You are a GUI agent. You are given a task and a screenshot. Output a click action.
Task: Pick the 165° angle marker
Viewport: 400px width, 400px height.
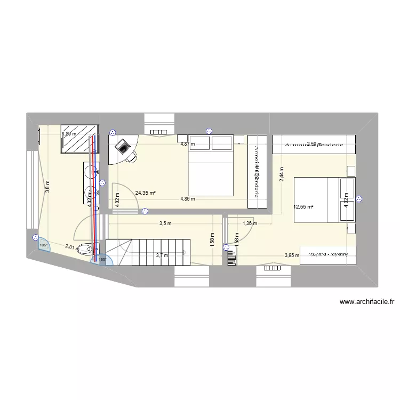[102, 260]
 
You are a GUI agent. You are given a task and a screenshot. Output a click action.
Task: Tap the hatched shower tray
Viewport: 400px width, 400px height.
[80, 138]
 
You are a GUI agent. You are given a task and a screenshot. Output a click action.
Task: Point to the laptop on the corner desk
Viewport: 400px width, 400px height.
[123, 146]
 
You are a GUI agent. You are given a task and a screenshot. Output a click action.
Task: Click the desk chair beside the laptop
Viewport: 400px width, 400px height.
[131, 156]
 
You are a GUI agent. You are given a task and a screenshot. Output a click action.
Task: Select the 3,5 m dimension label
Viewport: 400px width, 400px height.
[165, 224]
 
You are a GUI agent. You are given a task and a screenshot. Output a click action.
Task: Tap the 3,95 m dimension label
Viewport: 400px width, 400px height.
[292, 255]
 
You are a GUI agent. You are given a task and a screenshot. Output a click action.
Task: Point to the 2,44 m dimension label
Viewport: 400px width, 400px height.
[282, 174]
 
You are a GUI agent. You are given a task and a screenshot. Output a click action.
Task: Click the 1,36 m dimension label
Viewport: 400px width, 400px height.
[250, 224]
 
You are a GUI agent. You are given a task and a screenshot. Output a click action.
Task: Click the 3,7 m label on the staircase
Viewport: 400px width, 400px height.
[162, 255]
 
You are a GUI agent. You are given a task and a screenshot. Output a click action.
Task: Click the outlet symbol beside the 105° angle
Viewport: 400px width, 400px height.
[35, 237]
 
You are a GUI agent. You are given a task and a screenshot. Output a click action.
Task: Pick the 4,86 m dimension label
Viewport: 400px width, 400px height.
[188, 199]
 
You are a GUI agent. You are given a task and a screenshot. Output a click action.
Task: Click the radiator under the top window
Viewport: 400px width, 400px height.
[159, 132]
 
